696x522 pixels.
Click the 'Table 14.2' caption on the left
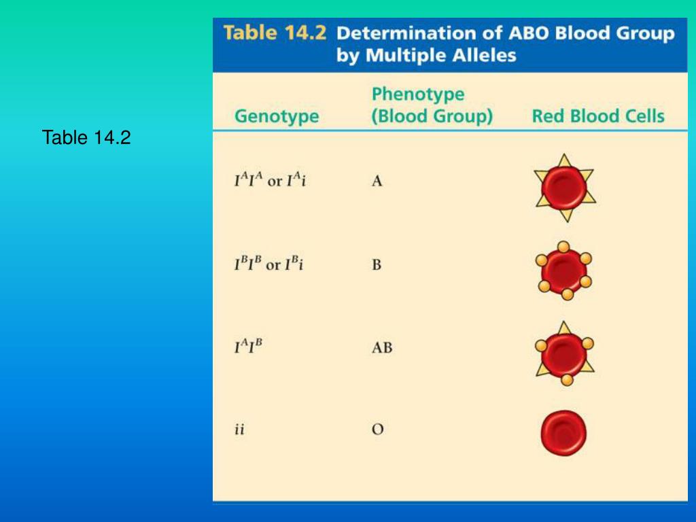86,138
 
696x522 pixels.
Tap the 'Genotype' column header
277,116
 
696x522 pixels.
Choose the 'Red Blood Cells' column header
598,116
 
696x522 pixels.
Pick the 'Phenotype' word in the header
418,94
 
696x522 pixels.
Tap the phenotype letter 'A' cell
377,182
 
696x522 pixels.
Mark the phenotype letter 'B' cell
377,264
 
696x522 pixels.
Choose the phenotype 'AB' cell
382,348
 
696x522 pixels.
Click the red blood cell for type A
563,188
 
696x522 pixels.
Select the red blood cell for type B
563,270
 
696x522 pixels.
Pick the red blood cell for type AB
563,353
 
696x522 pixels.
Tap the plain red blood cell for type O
563,433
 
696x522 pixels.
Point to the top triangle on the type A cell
563,160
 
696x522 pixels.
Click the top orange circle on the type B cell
563,245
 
